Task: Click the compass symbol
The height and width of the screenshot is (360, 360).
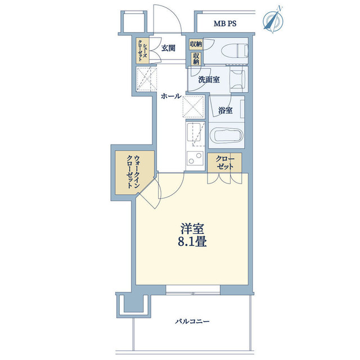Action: tap(274, 19)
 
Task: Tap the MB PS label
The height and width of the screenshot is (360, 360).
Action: tap(225, 24)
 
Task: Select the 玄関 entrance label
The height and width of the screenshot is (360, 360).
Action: tap(168, 48)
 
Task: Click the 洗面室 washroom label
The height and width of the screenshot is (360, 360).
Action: tap(209, 80)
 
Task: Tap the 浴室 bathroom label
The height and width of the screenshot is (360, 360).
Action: tap(226, 111)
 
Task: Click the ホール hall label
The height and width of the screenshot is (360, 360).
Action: tap(170, 96)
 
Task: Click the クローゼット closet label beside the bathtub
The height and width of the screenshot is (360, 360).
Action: tap(224, 163)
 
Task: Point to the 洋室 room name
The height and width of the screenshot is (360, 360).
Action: tap(192, 229)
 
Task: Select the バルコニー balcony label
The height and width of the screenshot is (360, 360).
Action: tap(192, 322)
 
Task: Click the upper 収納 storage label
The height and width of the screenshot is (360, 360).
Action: tap(195, 44)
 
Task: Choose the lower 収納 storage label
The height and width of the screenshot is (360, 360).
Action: tap(196, 58)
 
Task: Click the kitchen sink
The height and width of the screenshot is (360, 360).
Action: tap(195, 134)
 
